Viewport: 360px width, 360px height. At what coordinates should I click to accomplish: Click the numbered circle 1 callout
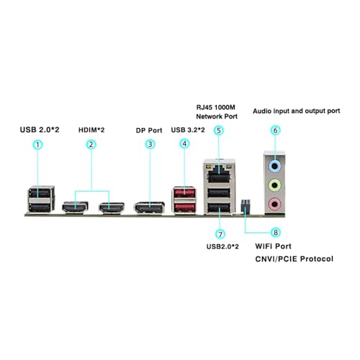(37, 145)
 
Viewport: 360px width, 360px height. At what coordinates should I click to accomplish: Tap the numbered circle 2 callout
(91, 145)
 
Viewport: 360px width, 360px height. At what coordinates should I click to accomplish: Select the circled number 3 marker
(150, 144)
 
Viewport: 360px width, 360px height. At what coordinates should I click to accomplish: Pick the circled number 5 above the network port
(219, 130)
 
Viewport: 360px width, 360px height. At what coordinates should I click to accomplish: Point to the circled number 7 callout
(220, 234)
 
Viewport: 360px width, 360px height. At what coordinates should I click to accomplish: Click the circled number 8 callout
(276, 233)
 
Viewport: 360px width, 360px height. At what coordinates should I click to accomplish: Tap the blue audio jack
(275, 166)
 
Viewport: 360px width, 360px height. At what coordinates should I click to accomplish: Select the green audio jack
(275, 185)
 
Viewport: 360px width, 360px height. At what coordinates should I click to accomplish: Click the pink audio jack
(275, 204)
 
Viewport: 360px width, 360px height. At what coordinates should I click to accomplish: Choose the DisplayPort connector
(149, 208)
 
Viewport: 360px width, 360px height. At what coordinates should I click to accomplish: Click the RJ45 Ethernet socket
(219, 174)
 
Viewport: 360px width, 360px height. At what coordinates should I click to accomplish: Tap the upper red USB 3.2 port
(184, 193)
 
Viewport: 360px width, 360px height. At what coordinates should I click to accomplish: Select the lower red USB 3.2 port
(184, 208)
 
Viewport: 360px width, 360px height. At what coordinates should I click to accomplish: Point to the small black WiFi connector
(246, 206)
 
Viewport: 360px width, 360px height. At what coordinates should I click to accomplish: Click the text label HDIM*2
(91, 130)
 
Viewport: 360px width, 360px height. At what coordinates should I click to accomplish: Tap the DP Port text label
(149, 130)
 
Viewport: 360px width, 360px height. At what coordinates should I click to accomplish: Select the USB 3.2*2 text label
(188, 130)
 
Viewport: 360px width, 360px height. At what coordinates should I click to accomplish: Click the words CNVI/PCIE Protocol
(294, 259)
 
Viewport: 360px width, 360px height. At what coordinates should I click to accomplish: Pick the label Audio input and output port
(297, 111)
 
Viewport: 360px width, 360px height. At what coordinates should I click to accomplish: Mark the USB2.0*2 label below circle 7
(222, 246)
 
